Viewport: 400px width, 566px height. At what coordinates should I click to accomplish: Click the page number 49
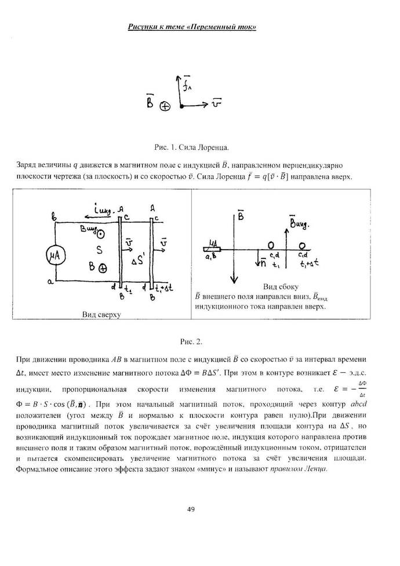tap(191, 509)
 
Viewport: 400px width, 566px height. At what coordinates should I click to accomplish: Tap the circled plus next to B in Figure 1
tap(165, 107)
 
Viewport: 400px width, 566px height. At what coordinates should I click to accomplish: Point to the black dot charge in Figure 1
tap(181, 107)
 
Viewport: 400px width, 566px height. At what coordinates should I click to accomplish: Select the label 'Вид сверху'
tap(101, 314)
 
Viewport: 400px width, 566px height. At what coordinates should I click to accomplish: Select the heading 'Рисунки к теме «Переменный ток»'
tap(192, 27)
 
